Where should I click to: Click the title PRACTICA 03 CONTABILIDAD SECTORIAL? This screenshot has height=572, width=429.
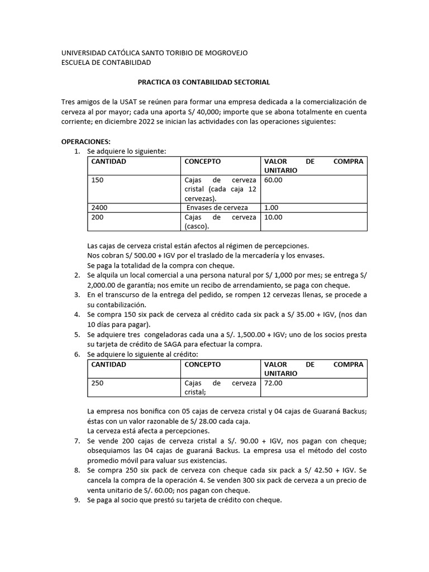(204, 82)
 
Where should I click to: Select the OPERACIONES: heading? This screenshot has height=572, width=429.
(85, 141)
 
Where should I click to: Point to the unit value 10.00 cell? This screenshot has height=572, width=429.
(273, 217)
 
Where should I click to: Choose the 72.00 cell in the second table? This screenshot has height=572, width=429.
(273, 383)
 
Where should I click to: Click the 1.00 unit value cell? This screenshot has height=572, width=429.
(271, 207)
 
